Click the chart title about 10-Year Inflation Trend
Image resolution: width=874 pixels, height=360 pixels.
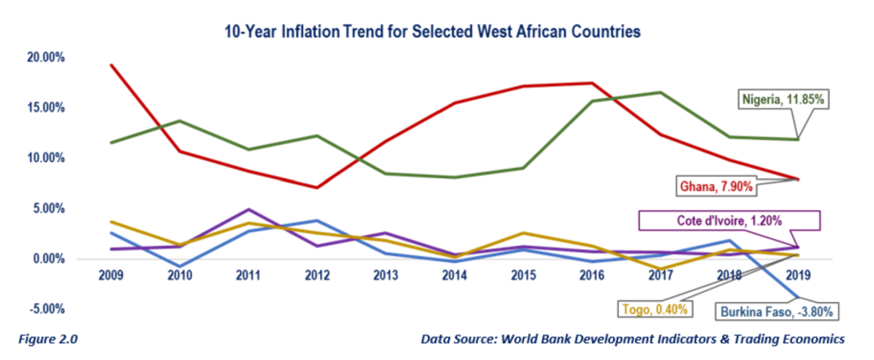click(x=432, y=32)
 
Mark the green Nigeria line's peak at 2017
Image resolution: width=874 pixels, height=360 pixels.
click(x=660, y=92)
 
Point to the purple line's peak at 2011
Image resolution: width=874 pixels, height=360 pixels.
click(x=248, y=209)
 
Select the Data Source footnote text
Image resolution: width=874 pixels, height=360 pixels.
click(x=632, y=339)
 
